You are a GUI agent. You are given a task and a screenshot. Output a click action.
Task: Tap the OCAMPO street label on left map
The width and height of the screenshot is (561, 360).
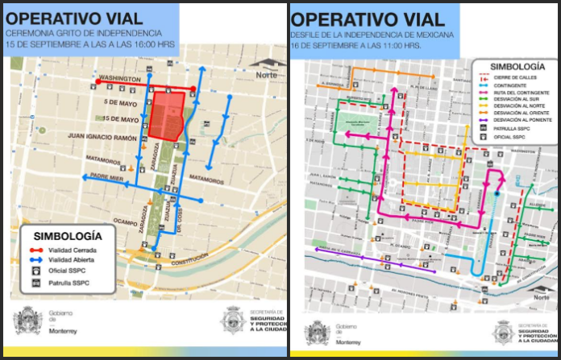126,220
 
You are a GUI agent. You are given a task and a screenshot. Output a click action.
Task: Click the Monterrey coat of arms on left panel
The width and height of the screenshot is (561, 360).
27,321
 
